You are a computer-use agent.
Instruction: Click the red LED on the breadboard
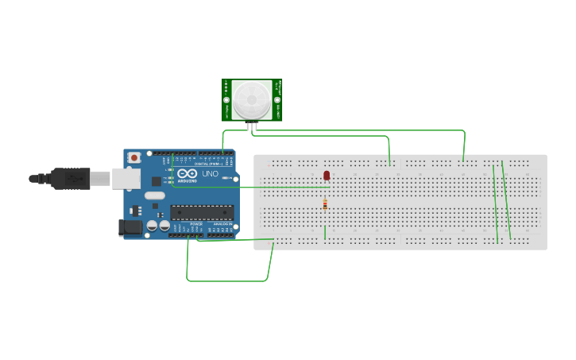(x=327, y=175)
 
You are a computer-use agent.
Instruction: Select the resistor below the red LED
(x=325, y=204)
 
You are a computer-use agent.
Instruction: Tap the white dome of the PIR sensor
(x=251, y=99)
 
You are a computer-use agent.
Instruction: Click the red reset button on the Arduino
(x=133, y=158)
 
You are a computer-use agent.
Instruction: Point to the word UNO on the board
(x=211, y=174)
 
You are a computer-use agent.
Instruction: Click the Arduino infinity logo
(x=187, y=173)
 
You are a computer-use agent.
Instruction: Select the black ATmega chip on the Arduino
(x=201, y=212)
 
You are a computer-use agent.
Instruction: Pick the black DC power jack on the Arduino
(x=130, y=227)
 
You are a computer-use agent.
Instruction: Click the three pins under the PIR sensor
(x=252, y=126)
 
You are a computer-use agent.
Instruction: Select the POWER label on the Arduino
(x=195, y=225)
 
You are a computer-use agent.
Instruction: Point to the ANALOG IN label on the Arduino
(x=222, y=225)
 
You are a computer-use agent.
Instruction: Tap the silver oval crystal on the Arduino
(x=155, y=195)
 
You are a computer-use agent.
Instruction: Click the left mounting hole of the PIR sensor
(x=226, y=101)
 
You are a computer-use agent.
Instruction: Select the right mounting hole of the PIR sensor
(x=277, y=101)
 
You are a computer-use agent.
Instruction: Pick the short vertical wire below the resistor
(x=325, y=232)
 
